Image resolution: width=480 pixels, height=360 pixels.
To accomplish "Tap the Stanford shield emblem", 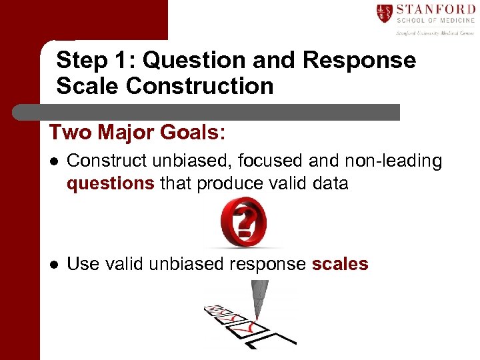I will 385,13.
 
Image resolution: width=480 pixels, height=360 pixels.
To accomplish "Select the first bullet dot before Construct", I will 54,161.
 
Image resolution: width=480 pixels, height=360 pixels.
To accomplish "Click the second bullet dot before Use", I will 54,264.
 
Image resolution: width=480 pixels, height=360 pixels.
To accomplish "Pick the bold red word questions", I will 110,183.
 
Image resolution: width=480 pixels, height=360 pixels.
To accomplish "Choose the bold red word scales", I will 340,264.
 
